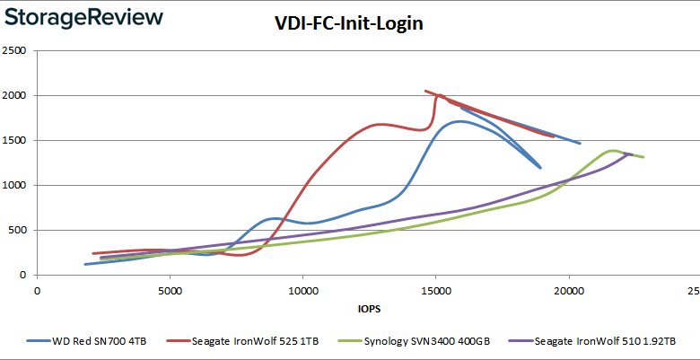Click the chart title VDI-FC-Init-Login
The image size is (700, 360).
(x=349, y=23)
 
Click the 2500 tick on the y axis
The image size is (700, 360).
(x=15, y=51)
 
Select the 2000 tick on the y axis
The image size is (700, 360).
(x=15, y=96)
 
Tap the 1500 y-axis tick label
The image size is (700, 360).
(x=15, y=141)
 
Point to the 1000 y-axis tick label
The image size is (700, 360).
(x=15, y=186)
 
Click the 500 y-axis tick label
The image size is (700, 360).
(x=18, y=231)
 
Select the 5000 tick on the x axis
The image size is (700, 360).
(x=170, y=290)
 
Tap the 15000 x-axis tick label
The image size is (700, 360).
(x=435, y=290)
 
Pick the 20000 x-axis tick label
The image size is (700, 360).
(x=568, y=290)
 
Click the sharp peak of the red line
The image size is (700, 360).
(x=425, y=91)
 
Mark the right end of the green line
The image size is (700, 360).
(x=643, y=157)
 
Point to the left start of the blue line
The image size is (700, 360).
(x=85, y=264)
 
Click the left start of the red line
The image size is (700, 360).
(x=93, y=254)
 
